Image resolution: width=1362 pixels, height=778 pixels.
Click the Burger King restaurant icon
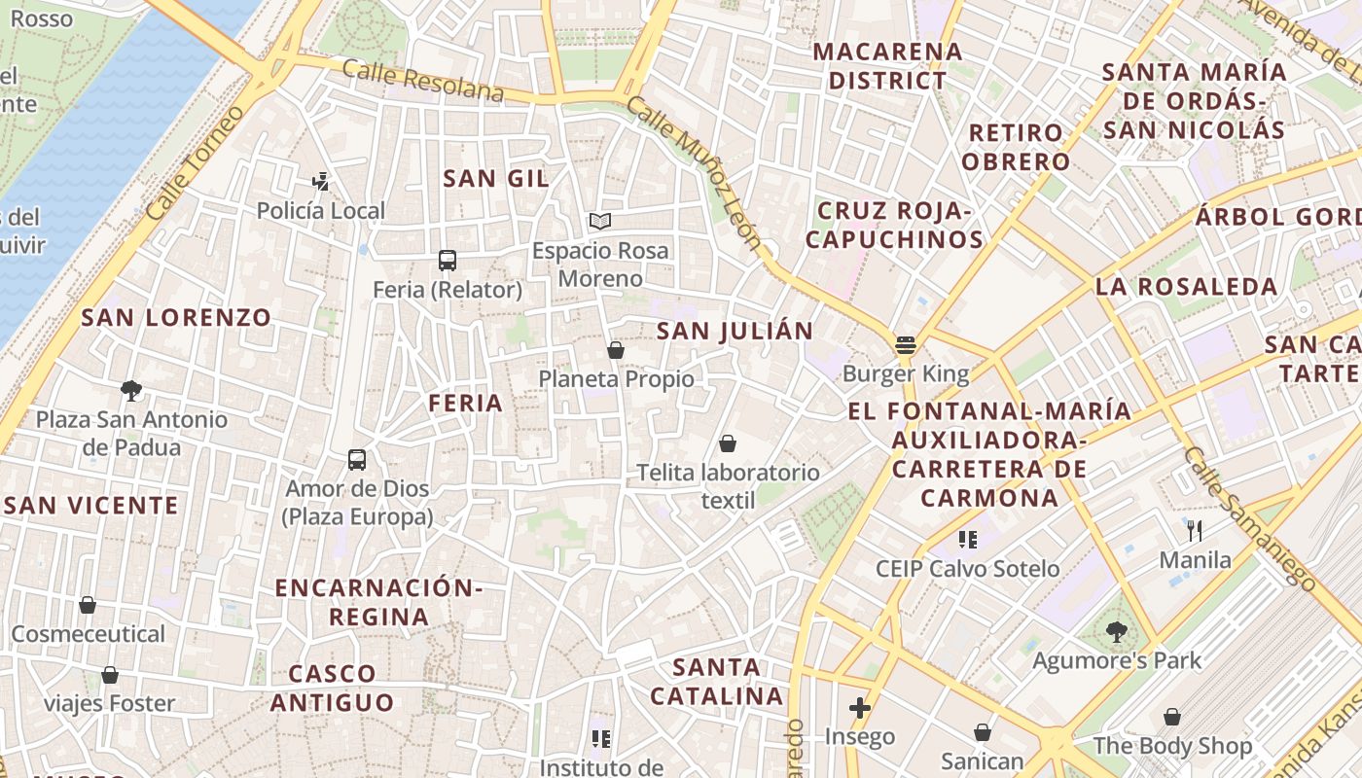coord(906,344)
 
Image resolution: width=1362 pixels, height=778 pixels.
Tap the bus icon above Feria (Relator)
coord(448,261)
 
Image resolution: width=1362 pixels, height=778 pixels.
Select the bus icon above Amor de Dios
coord(357,460)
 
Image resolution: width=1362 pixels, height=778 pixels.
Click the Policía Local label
coord(321,210)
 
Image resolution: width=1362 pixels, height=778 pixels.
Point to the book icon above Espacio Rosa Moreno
coord(600,222)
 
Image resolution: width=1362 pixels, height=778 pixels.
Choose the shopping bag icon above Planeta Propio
coord(616,350)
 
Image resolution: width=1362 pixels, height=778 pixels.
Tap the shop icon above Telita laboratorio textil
coord(728,444)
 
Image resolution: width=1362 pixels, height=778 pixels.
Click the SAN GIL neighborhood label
coord(496,179)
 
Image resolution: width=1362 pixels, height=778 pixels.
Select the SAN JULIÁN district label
coord(735,331)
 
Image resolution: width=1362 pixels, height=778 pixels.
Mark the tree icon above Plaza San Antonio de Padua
coord(131,391)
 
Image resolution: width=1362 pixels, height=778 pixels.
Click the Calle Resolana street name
coord(423,81)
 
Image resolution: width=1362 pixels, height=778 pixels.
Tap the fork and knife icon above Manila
coord(1196,531)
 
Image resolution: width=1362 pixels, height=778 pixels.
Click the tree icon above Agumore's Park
coord(1117,632)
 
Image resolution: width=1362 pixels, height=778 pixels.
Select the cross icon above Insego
coord(860,708)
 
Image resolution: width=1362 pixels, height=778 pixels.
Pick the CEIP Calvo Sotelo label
coord(968,569)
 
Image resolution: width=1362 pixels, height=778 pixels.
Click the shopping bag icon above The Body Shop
coord(1172,718)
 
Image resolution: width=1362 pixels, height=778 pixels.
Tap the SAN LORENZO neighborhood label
coord(176,318)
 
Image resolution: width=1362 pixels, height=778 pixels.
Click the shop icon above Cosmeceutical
coord(88,606)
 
